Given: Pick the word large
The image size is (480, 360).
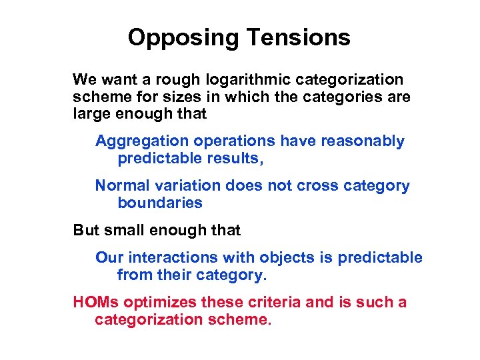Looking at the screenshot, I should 91,113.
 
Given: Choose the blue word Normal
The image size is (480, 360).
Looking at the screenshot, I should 119,186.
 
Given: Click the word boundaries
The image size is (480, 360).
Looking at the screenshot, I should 159,203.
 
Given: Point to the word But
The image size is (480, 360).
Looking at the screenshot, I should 85,231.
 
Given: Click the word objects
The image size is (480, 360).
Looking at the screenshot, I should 281,258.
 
